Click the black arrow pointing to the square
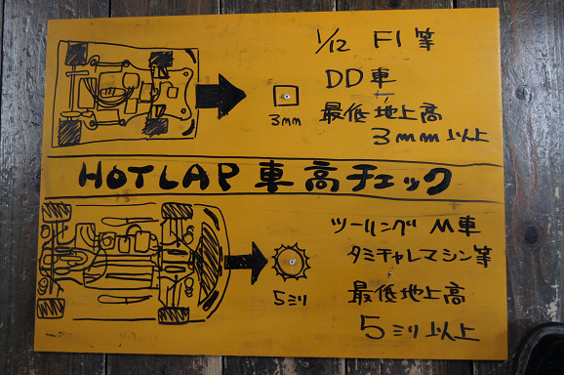click(x=221, y=96)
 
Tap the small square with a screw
click(x=285, y=97)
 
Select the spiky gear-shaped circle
click(x=290, y=262)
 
